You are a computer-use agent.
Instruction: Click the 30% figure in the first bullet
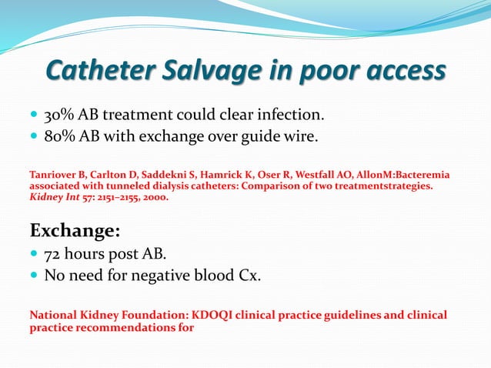pos(58,115)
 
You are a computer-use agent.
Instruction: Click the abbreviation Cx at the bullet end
pos(249,276)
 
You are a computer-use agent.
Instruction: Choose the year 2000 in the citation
pos(151,197)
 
